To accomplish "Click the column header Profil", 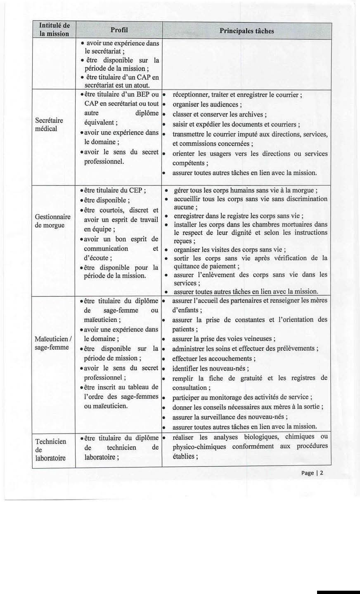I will tap(119, 30).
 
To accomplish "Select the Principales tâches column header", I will tap(246, 31).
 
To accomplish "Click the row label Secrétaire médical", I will tap(49, 125).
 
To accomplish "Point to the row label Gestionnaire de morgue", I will tap(53, 221).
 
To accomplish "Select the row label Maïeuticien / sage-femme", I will tap(53, 343).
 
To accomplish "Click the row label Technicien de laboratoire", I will tap(51, 449).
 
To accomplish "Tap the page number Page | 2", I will tap(313, 473).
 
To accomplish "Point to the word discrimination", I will tap(303, 199).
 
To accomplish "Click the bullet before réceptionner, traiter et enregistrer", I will tap(164, 94).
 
